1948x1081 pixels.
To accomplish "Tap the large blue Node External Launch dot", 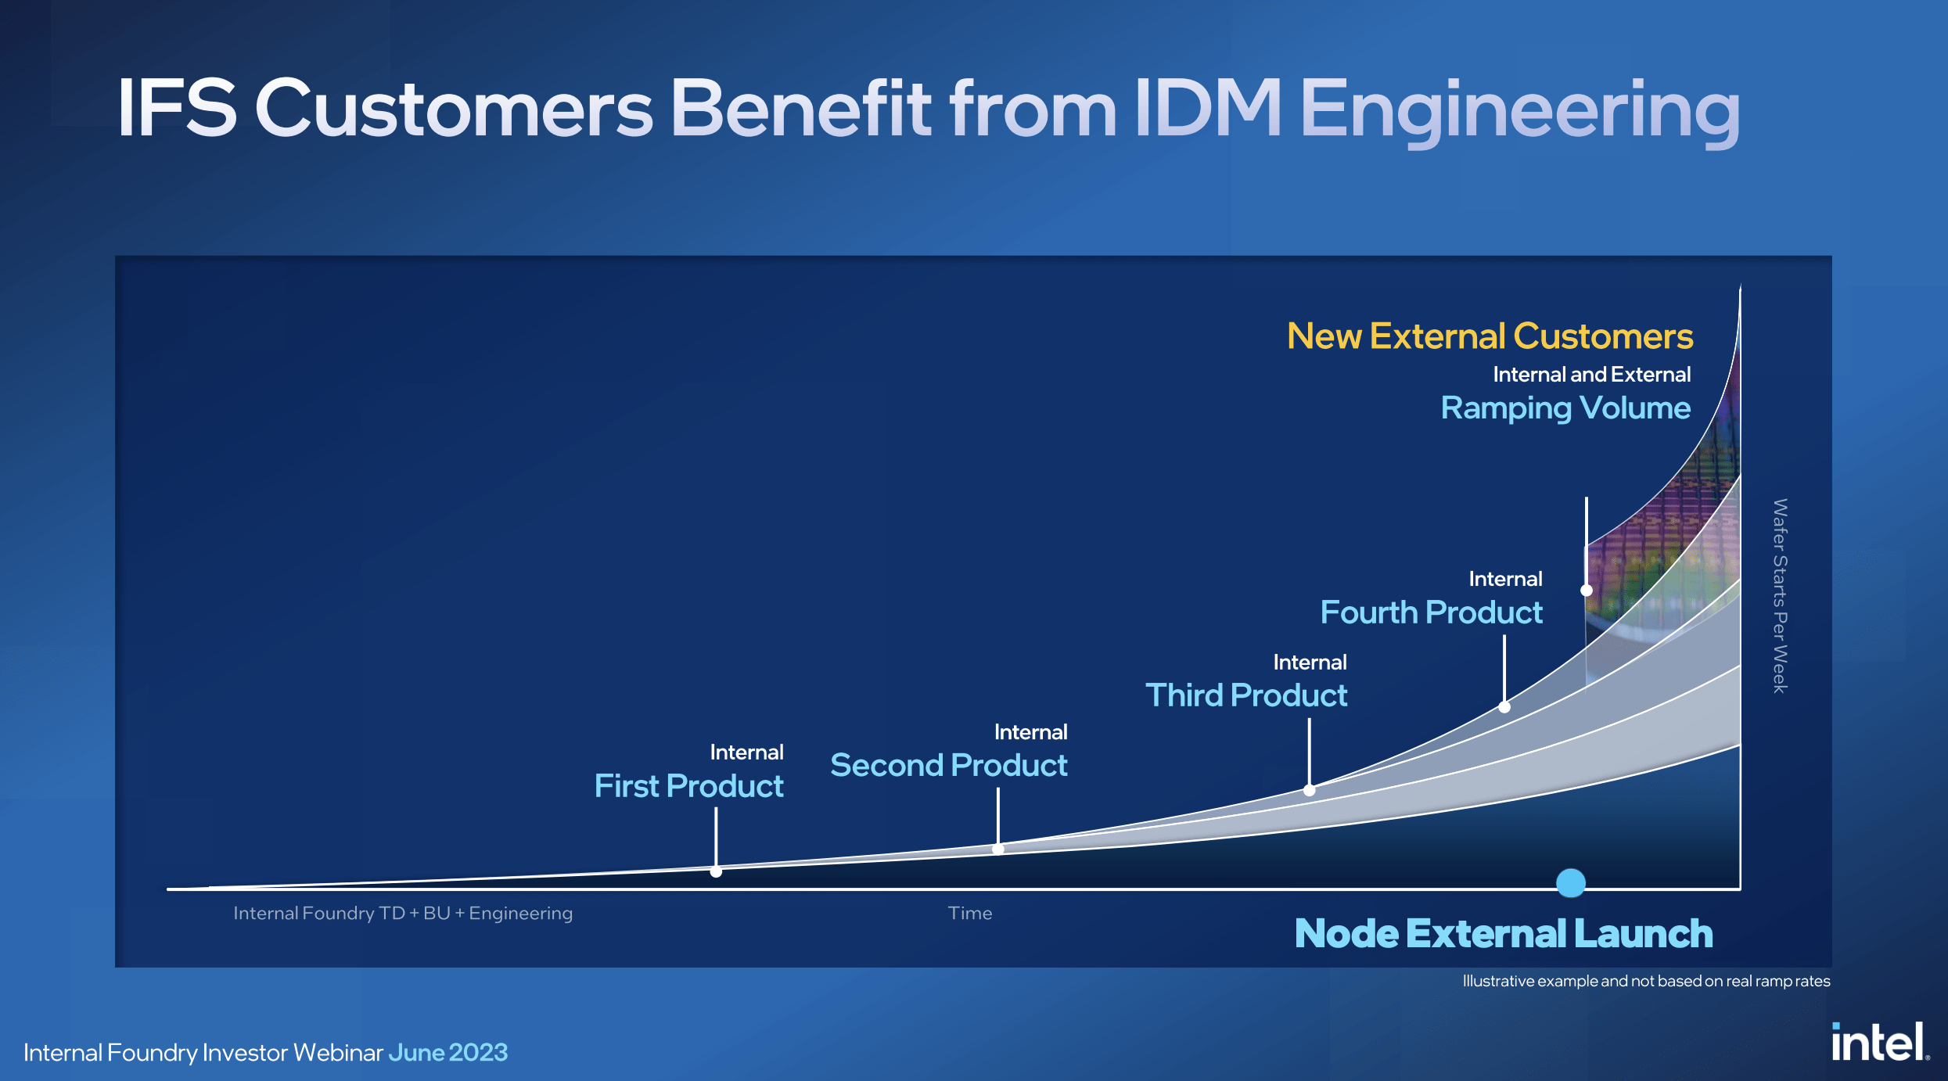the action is [1570, 883].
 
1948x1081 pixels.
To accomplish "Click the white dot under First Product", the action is [716, 871].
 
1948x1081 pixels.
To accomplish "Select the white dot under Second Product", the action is [998, 849].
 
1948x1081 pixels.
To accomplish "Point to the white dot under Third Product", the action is [1309, 790].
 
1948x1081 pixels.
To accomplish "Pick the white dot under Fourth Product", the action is [1504, 707].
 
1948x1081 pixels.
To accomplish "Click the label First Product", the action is [688, 786].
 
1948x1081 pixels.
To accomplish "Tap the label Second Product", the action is [949, 765].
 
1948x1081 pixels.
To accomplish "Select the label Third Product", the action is [1246, 695].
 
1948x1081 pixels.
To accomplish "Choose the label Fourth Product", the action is [1432, 612].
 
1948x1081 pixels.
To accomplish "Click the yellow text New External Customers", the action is [1490, 336].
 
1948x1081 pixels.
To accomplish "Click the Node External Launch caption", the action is [1504, 934].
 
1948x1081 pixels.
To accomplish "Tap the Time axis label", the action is [970, 914].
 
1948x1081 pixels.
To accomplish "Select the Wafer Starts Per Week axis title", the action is [1780, 596].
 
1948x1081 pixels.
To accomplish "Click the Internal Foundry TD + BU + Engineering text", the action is [403, 914].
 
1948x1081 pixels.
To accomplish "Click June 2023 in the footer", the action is [448, 1053].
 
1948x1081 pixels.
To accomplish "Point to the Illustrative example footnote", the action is [1647, 982].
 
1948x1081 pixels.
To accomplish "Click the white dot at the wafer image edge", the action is [1587, 591].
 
